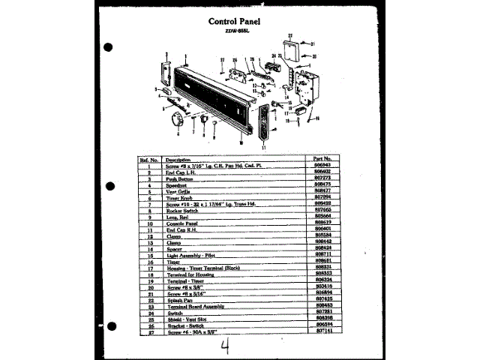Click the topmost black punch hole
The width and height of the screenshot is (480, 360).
click(x=109, y=47)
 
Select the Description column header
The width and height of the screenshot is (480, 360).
click(x=178, y=160)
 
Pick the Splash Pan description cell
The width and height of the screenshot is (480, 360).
click(x=180, y=298)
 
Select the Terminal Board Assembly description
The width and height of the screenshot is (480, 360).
click(x=198, y=305)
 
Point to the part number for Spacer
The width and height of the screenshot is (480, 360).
click(x=322, y=246)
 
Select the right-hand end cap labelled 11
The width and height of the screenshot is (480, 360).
click(x=263, y=122)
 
